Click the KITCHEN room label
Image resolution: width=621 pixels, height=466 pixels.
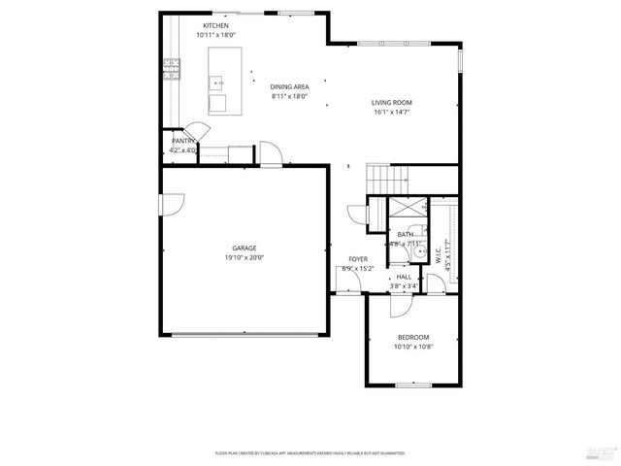coord(215,25)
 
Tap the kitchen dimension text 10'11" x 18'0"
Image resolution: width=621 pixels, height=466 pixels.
coord(215,35)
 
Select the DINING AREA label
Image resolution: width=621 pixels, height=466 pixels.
coord(289,87)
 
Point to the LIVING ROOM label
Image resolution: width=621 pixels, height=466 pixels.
coord(392,102)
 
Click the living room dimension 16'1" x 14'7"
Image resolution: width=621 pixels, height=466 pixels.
coord(392,113)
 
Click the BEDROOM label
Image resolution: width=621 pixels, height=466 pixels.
coord(413,336)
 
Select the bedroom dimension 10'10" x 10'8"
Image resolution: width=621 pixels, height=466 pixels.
coord(413,347)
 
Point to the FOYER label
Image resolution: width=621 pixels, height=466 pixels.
coord(357,259)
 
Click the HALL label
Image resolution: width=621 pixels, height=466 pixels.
coord(404,277)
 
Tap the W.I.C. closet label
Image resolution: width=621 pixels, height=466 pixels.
coord(439,255)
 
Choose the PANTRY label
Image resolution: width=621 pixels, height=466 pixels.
coord(183,142)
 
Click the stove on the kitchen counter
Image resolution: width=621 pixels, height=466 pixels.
coord(172,67)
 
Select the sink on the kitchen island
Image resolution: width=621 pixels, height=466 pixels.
coord(216,83)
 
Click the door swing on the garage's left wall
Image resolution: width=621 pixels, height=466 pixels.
coord(170,204)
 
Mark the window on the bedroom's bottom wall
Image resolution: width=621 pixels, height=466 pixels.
coord(413,385)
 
